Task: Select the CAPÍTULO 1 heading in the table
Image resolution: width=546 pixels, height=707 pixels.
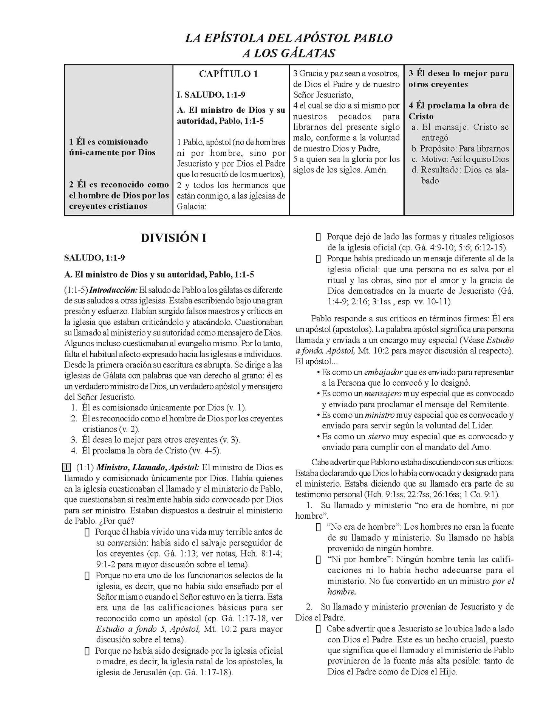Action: [x=228, y=74]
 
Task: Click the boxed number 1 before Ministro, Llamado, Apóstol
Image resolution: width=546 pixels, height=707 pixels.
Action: [x=67, y=467]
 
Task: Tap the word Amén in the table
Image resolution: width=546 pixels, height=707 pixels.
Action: [x=376, y=170]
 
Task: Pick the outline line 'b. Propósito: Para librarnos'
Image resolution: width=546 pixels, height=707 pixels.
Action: [x=460, y=149]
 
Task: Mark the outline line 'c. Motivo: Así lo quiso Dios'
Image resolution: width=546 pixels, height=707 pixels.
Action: [x=460, y=159]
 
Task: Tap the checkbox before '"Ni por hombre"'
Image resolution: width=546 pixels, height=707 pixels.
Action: [x=319, y=560]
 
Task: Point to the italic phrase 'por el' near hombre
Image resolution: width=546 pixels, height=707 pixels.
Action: [x=503, y=581]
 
